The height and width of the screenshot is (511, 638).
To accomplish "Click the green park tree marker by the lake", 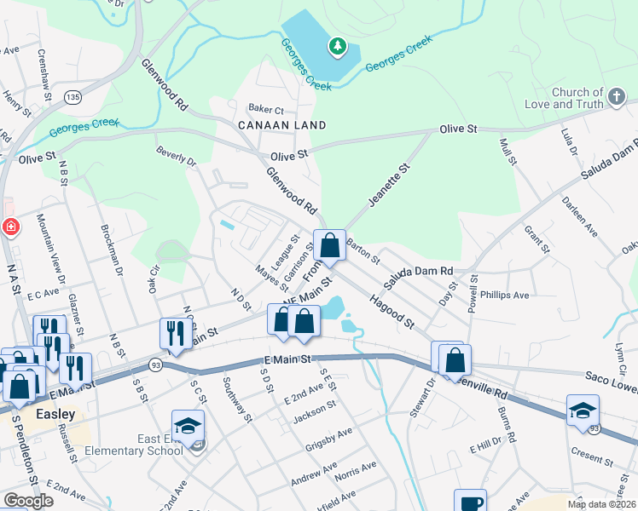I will click(338, 46).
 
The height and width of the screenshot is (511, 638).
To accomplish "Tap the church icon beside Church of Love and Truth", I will click(618, 97).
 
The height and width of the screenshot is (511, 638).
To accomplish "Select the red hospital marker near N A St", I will click(9, 227).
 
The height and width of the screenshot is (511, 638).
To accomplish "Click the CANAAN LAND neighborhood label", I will click(270, 125).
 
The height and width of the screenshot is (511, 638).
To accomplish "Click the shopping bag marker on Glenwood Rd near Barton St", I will click(329, 247).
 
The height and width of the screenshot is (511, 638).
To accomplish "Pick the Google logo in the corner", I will click(28, 501).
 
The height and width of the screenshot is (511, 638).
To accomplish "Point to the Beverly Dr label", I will click(176, 157).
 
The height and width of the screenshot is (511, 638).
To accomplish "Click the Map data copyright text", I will click(601, 504).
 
